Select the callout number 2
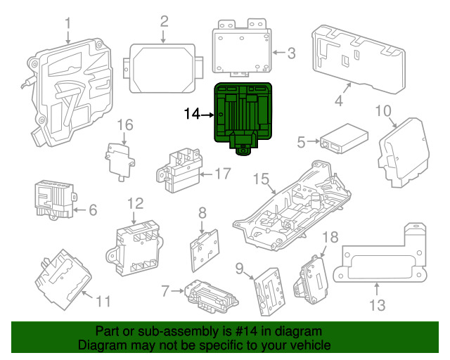(x=164, y=21)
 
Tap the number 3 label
(x=292, y=52)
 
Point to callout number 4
(x=338, y=101)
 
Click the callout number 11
(x=103, y=302)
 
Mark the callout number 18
(x=330, y=238)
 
